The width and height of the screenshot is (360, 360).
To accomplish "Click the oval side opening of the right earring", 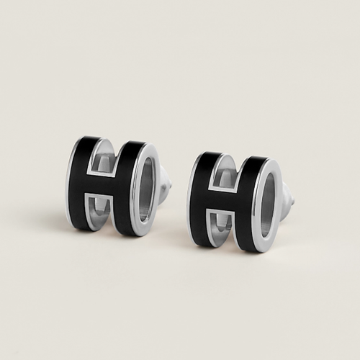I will [x=269, y=206].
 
